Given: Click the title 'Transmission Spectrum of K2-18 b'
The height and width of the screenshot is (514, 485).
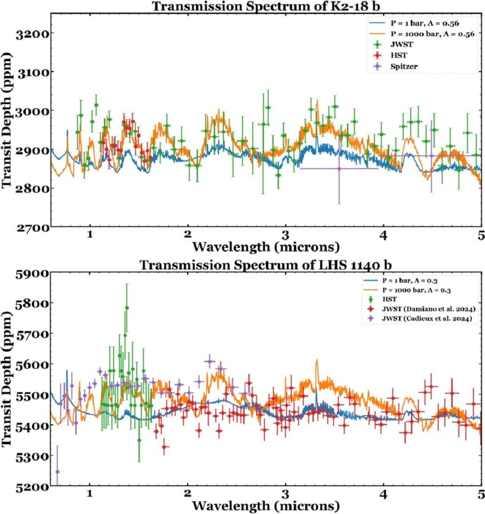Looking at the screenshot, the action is (x=266, y=6).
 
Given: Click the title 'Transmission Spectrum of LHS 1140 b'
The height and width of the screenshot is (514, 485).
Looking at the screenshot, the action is (x=266, y=264).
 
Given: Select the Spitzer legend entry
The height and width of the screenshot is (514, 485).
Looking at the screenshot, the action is (x=404, y=66).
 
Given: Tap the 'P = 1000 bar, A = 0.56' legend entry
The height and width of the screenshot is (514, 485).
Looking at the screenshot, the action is (x=432, y=34).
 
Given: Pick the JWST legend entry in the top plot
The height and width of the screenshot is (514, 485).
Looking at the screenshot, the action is (x=402, y=44).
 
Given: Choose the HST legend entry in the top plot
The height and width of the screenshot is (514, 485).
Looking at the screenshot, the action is (x=399, y=55).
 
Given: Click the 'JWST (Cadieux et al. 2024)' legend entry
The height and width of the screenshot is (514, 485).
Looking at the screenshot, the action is (x=427, y=319).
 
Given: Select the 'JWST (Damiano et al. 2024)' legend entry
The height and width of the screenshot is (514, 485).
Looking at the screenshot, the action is (x=429, y=309).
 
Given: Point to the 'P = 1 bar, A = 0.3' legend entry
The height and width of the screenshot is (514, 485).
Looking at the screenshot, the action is (x=410, y=280).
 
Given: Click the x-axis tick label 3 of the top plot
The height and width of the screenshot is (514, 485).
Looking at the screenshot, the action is (x=285, y=235).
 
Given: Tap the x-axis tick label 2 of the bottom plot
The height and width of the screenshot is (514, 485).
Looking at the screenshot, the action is (x=187, y=493).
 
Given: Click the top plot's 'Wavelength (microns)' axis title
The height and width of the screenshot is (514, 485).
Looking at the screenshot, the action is (x=266, y=247).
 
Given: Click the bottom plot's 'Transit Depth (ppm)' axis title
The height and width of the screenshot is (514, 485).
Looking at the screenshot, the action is (x=6, y=379).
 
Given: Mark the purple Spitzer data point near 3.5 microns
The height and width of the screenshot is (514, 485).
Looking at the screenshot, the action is (x=339, y=169).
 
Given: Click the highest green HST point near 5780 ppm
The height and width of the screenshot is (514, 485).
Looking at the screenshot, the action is (x=127, y=308).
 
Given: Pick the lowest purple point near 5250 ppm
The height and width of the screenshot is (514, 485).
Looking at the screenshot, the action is (x=58, y=471).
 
